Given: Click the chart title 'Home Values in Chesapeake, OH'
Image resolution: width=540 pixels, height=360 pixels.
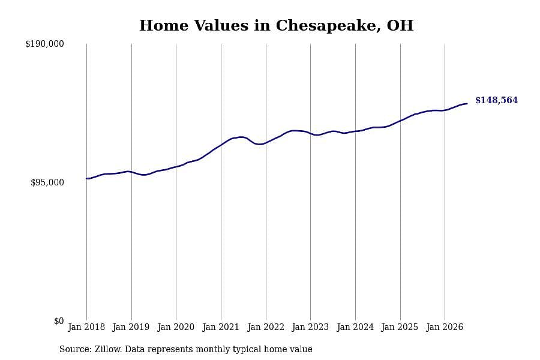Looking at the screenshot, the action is (x=276, y=26).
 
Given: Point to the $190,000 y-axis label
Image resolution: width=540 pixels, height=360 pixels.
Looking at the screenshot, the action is (x=44, y=44).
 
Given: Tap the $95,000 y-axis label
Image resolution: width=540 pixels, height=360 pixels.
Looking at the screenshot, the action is (x=47, y=182).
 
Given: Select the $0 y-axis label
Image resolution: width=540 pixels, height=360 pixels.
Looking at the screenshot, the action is (x=59, y=321).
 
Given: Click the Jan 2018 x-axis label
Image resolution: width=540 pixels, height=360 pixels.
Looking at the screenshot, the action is (x=86, y=327).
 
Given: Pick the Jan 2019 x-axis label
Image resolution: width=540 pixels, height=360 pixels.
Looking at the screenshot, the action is (x=131, y=327).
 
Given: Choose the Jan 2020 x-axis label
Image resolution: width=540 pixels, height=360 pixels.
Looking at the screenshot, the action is (x=176, y=327).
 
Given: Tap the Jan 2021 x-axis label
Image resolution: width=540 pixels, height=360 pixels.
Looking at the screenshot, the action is (x=221, y=327).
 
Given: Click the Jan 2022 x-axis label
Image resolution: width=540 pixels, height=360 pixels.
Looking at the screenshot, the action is (x=266, y=327).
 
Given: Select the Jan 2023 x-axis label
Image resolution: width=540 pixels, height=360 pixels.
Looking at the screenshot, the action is (x=310, y=327).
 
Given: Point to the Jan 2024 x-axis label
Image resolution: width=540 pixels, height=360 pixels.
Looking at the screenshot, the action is (x=355, y=327).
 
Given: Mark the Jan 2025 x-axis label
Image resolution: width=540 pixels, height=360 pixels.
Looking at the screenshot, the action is (x=400, y=327).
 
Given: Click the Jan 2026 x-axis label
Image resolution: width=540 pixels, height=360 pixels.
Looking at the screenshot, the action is (x=445, y=327).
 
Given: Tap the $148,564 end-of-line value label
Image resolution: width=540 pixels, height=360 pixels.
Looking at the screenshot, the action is (x=497, y=100).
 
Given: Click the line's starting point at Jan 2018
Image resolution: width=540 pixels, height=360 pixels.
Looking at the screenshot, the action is (x=86, y=178).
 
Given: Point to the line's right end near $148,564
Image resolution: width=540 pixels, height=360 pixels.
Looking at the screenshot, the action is (x=467, y=103).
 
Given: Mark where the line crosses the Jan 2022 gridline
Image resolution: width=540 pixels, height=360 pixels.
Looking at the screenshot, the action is (x=266, y=143).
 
